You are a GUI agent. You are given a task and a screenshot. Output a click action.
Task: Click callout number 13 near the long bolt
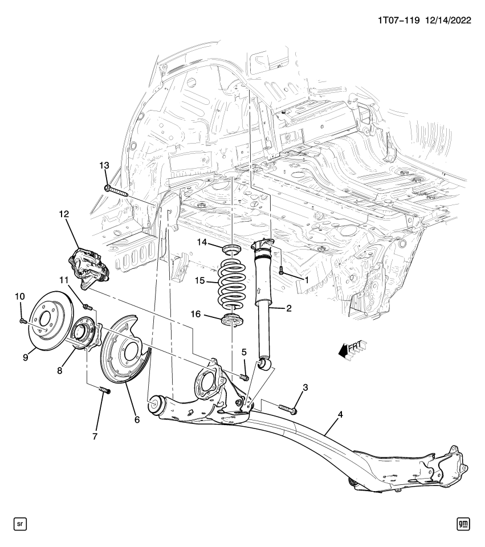[x=104, y=165]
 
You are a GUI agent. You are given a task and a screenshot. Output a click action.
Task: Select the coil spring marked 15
[x=232, y=283]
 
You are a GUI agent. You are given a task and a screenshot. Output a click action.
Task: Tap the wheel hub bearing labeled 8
[x=84, y=337]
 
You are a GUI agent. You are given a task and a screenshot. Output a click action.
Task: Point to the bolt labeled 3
[x=287, y=408]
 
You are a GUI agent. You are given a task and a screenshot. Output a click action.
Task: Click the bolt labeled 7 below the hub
[x=103, y=391]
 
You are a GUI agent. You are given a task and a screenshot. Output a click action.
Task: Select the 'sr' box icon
[x=19, y=522]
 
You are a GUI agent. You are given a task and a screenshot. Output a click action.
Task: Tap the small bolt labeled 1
[x=282, y=272]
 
